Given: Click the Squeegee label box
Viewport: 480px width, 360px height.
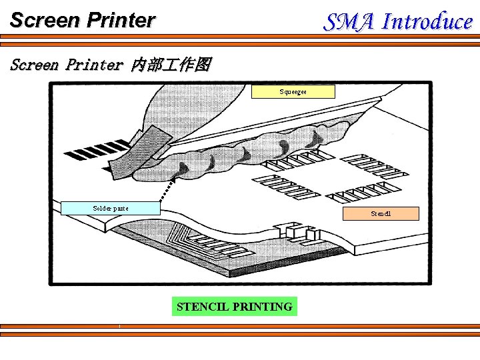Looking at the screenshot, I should coord(293,91).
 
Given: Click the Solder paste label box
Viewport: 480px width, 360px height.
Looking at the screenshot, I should coord(111,208).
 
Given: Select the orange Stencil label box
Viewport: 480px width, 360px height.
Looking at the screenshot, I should coord(381,214).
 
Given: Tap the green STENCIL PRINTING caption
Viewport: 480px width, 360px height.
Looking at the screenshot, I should coord(234,307).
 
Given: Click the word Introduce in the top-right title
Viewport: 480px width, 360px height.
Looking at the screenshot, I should coord(427,21).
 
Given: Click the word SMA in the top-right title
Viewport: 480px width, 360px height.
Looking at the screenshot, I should coord(349,21).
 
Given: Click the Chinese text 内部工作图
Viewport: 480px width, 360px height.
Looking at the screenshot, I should coord(171,65).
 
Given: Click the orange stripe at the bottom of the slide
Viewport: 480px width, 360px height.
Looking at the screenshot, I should coord(240,326).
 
